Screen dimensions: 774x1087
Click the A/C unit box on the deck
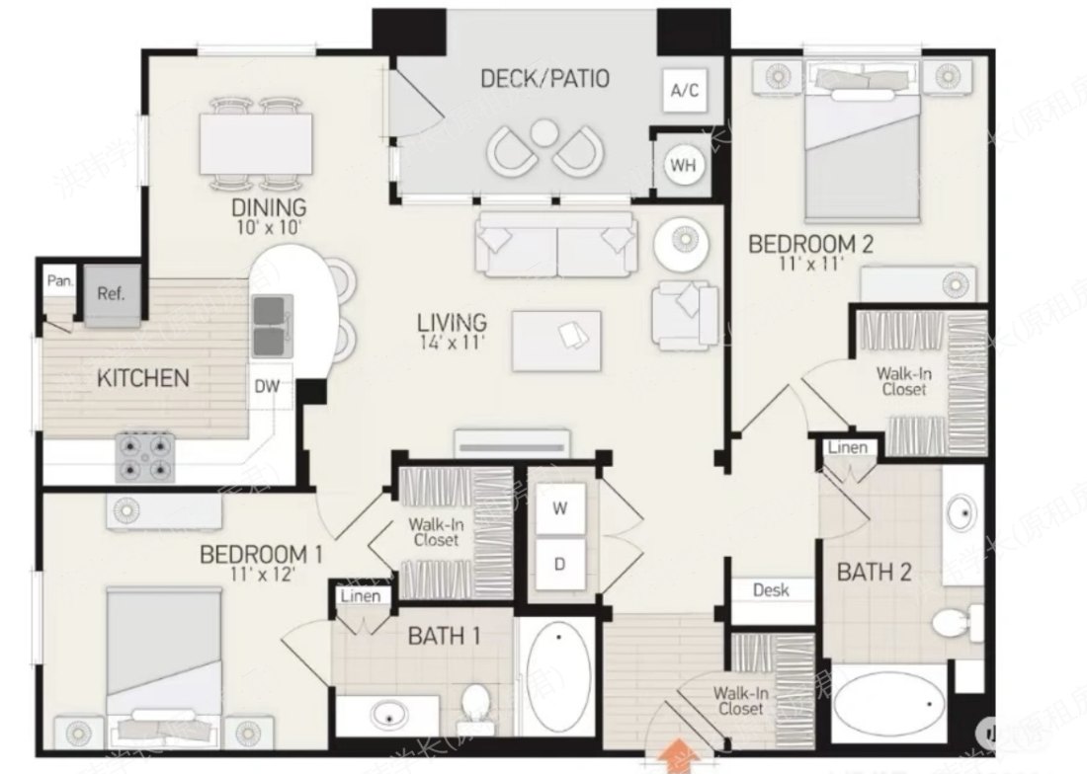[685, 91]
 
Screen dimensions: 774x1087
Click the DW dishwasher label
[267, 386]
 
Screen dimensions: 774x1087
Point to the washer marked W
[560, 509]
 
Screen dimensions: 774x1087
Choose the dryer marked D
[560, 565]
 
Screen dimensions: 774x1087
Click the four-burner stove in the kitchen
[147, 457]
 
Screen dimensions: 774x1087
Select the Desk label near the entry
[771, 590]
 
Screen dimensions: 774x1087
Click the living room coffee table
[556, 341]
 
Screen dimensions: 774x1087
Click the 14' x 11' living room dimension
[452, 343]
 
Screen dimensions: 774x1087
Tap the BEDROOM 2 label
[810, 243]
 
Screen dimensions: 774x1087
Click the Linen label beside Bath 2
[847, 448]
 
